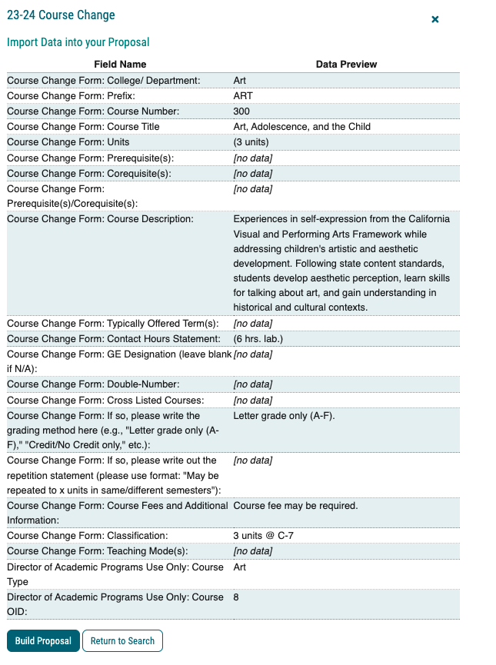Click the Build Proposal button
(43, 640)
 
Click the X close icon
(435, 18)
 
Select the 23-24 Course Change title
(61, 15)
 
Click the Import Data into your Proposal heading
(78, 42)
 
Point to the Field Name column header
(120, 65)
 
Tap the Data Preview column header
(346, 65)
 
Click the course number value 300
(241, 111)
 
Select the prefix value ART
(243, 96)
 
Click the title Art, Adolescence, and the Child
(301, 127)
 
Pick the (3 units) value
(254, 142)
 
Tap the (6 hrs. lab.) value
(260, 338)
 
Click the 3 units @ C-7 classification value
(263, 535)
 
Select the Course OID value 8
(236, 597)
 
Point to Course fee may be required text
(295, 505)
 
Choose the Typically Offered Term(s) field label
(113, 323)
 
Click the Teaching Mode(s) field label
(97, 550)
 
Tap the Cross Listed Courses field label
(105, 401)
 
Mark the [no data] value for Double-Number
(253, 384)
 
